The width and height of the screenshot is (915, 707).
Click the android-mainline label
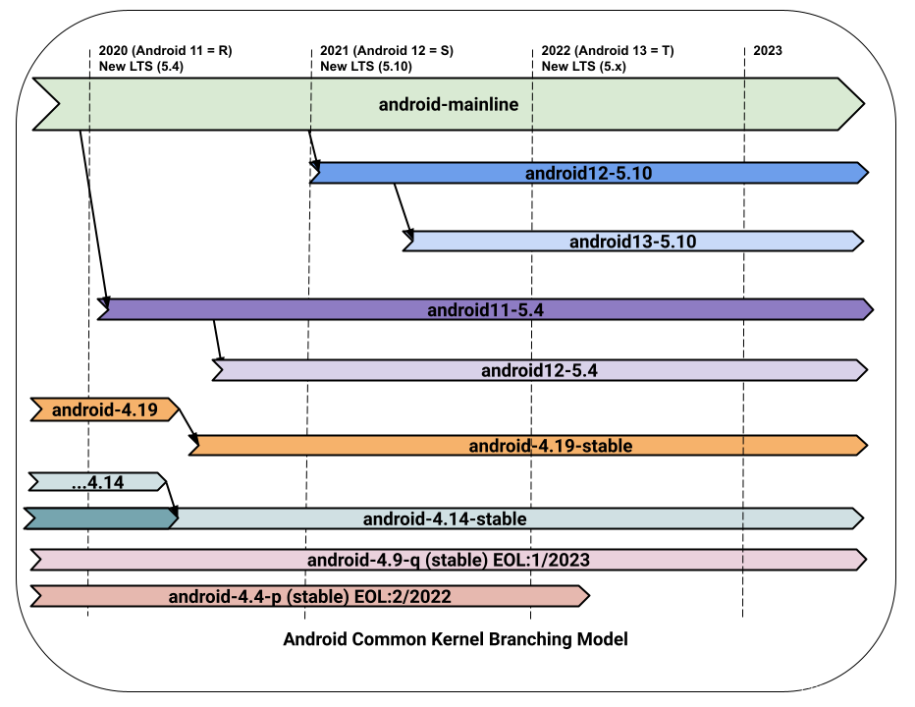[449, 105]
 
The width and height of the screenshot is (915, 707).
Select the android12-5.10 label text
[588, 174]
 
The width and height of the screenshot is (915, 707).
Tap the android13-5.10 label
[632, 242]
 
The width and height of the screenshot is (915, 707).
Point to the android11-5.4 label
[485, 310]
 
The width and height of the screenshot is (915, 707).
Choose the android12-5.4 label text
[539, 371]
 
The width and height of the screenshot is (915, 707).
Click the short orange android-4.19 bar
[104, 410]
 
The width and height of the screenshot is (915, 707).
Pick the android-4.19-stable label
[550, 446]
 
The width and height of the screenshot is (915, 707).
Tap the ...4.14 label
[97, 483]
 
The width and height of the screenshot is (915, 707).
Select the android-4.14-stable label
[445, 519]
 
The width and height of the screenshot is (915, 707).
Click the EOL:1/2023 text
[550, 561]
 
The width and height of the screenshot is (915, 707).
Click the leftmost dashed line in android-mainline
[89, 104]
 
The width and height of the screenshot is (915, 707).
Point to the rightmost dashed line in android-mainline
[744, 104]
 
